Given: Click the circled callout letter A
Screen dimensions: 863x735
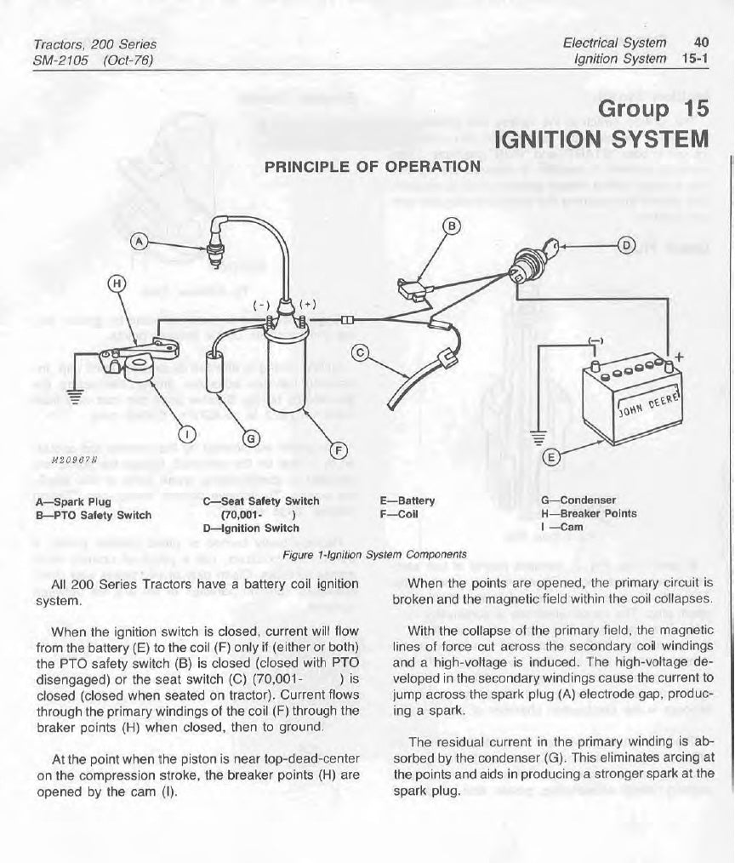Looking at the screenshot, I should [140, 244].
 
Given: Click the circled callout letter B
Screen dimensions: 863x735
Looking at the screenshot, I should [453, 226].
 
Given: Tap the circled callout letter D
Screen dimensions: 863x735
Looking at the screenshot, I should [626, 246].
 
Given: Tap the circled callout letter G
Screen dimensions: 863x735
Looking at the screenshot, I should [251, 438].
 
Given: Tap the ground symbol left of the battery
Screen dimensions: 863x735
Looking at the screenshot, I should [537, 438].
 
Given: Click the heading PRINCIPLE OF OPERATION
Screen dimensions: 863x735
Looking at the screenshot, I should [373, 165].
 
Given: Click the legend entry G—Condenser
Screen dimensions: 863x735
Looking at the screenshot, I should [578, 500].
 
